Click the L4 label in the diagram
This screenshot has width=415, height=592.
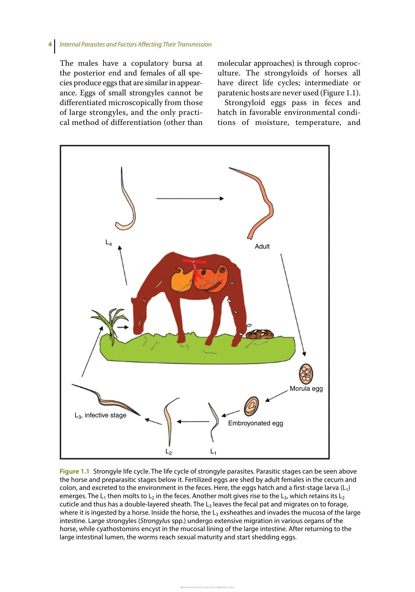coord(109,243)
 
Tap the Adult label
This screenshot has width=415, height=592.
coord(262,246)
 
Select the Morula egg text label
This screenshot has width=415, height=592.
coord(306,389)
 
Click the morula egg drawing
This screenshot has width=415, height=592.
coord(306,374)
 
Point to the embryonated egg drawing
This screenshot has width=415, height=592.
coord(251,406)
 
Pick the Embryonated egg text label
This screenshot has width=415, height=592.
coord(255,423)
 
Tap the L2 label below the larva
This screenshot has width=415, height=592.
coord(169,452)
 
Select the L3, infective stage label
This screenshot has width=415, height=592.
coord(100,416)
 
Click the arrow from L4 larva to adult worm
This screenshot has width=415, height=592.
coord(190,198)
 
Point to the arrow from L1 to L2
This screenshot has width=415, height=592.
coord(193,421)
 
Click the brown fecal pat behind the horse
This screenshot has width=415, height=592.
coord(260,334)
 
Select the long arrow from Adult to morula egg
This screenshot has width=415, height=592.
coord(293,305)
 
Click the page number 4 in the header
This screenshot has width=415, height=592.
coord(50,44)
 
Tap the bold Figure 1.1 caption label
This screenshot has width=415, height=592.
coord(74,472)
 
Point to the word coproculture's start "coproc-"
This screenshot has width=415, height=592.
coord(347,63)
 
